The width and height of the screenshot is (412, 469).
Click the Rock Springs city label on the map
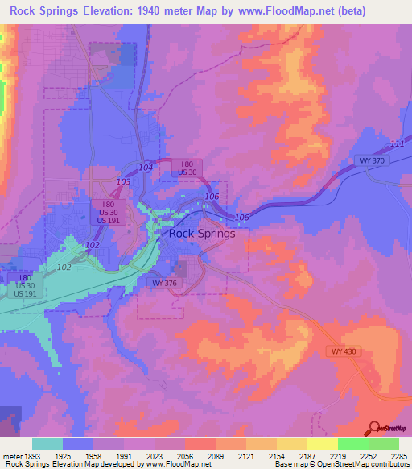pyautogui.click(x=202, y=234)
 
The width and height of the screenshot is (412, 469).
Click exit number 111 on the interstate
pyautogui.click(x=396, y=143)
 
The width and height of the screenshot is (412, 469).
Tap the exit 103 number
pyautogui.click(x=123, y=183)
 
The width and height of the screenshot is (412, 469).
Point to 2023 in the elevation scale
pyautogui.click(x=154, y=456)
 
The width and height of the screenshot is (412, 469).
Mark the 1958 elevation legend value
pyautogui.click(x=93, y=456)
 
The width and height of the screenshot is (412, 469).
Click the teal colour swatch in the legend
pyautogui.click(x=47, y=444)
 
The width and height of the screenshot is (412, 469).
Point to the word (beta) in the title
pyautogui.click(x=348, y=11)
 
